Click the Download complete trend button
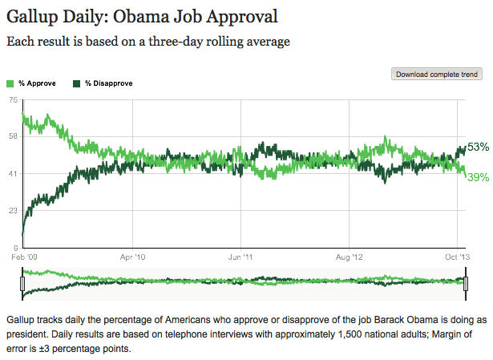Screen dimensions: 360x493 [437, 75]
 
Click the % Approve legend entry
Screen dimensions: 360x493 [30, 83]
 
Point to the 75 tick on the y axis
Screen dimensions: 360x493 [13, 99]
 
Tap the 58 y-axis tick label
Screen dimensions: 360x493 [13, 136]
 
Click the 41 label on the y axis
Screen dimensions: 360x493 [13, 173]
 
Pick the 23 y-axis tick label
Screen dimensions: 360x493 [13, 210]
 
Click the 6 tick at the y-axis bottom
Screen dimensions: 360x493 [15, 247]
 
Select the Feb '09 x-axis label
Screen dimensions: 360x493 [23, 258]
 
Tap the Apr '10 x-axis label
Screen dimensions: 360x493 [132, 258]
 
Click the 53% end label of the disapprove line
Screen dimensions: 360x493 [478, 147]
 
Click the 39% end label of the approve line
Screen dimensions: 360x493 [478, 176]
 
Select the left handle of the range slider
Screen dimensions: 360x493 [23, 283]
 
